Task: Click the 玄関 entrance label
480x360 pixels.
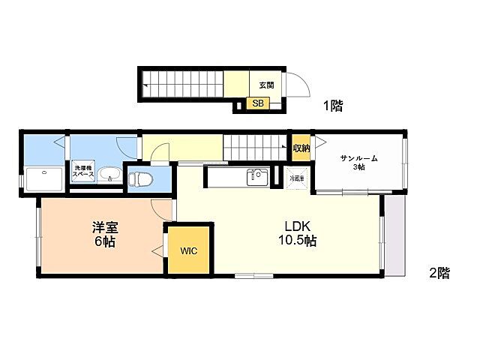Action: [x=265, y=85]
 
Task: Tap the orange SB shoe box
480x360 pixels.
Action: [x=257, y=104]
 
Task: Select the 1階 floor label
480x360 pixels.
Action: [x=333, y=106]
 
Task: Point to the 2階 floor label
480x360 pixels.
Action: [x=439, y=274]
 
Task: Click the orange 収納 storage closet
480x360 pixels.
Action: [x=301, y=148]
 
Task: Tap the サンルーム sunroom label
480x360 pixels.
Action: [x=358, y=158]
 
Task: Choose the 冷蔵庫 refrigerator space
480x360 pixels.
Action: [x=298, y=179]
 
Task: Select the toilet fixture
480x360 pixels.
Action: [x=139, y=179]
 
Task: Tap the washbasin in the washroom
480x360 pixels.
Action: [x=109, y=177]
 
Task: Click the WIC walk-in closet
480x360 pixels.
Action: [x=188, y=251]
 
